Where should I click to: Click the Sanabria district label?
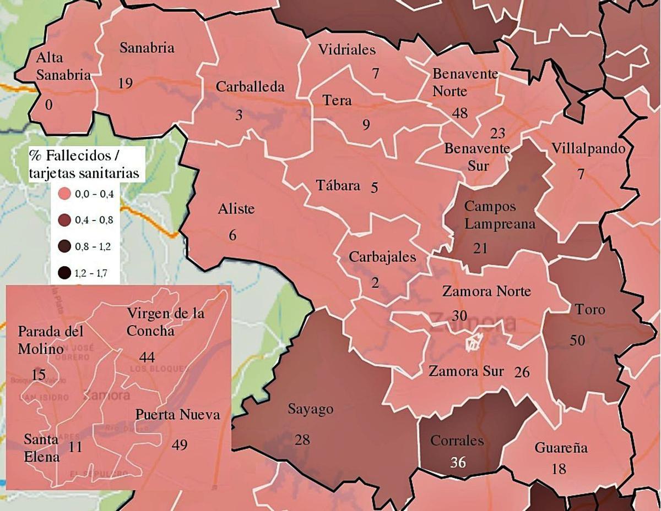pyautogui.click(x=147, y=48)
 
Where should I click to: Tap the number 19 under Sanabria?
pyautogui.click(x=125, y=83)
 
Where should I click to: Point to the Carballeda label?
pyautogui.click(x=250, y=86)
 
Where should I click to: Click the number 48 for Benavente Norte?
pyautogui.click(x=459, y=113)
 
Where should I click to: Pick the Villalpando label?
pyautogui.click(x=588, y=149)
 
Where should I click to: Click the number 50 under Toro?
pyautogui.click(x=577, y=340)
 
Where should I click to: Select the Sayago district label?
pyautogui.click(x=311, y=409)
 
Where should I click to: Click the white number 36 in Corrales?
pyautogui.click(x=458, y=462)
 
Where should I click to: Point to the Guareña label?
pyautogui.click(x=561, y=448)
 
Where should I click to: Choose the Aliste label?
pyautogui.click(x=236, y=209)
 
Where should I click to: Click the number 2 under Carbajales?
pyautogui.click(x=375, y=283)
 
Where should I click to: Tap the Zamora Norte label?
pyautogui.click(x=486, y=292)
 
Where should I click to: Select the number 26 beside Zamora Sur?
pyautogui.click(x=521, y=372)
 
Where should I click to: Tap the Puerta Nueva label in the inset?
pyautogui.click(x=178, y=415)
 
